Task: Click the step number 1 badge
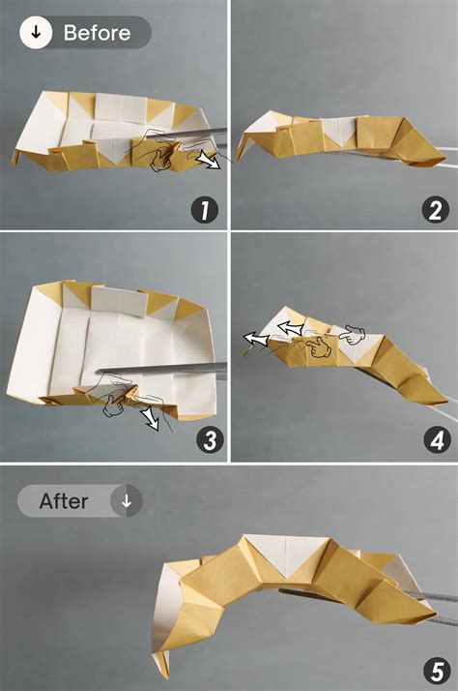[204, 209]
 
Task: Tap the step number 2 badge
[434, 209]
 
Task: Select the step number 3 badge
[204, 440]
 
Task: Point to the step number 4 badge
[434, 440]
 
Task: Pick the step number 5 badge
[434, 670]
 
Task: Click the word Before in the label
[97, 33]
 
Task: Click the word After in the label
[64, 501]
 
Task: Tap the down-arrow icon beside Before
[36, 33]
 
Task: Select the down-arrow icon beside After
[127, 501]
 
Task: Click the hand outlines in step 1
[159, 150]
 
